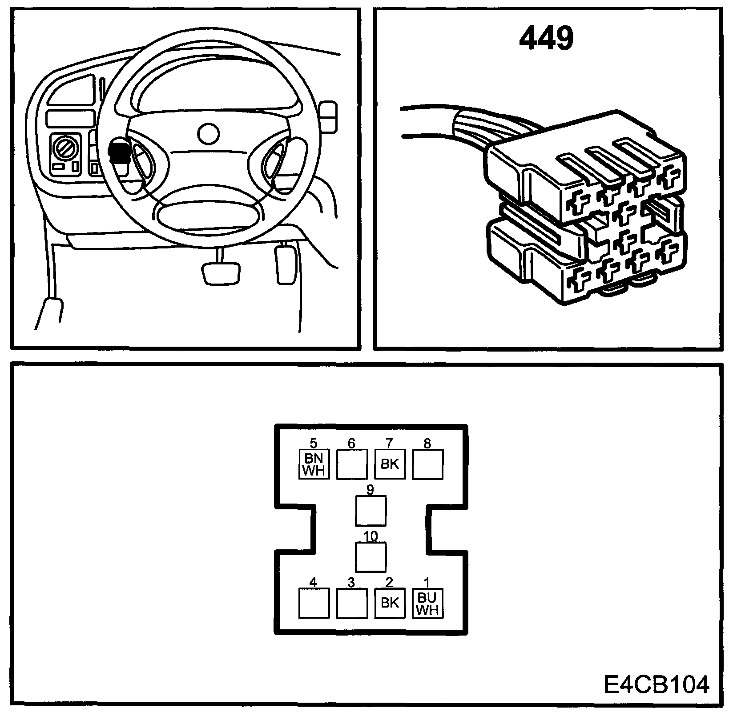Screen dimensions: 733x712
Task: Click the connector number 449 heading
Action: point(546,38)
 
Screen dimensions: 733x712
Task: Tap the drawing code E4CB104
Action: point(656,684)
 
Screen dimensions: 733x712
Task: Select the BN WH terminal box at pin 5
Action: point(314,464)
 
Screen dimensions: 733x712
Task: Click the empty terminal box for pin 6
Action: point(352,464)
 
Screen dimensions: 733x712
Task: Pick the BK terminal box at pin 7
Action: point(390,464)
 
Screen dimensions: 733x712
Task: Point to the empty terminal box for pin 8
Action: point(428,464)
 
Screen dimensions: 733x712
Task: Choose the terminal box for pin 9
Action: point(371,510)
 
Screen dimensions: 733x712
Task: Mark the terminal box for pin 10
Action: point(371,557)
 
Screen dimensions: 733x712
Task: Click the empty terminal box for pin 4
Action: point(314,603)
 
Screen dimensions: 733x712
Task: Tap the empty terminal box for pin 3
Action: point(352,603)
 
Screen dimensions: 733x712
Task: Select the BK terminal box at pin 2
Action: point(390,603)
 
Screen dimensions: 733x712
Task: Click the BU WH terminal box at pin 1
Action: point(428,603)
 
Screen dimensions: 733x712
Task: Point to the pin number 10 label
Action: point(371,536)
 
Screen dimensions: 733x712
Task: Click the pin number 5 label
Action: point(314,443)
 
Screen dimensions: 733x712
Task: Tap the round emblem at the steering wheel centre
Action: point(208,133)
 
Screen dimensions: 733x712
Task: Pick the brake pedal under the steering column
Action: point(221,273)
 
